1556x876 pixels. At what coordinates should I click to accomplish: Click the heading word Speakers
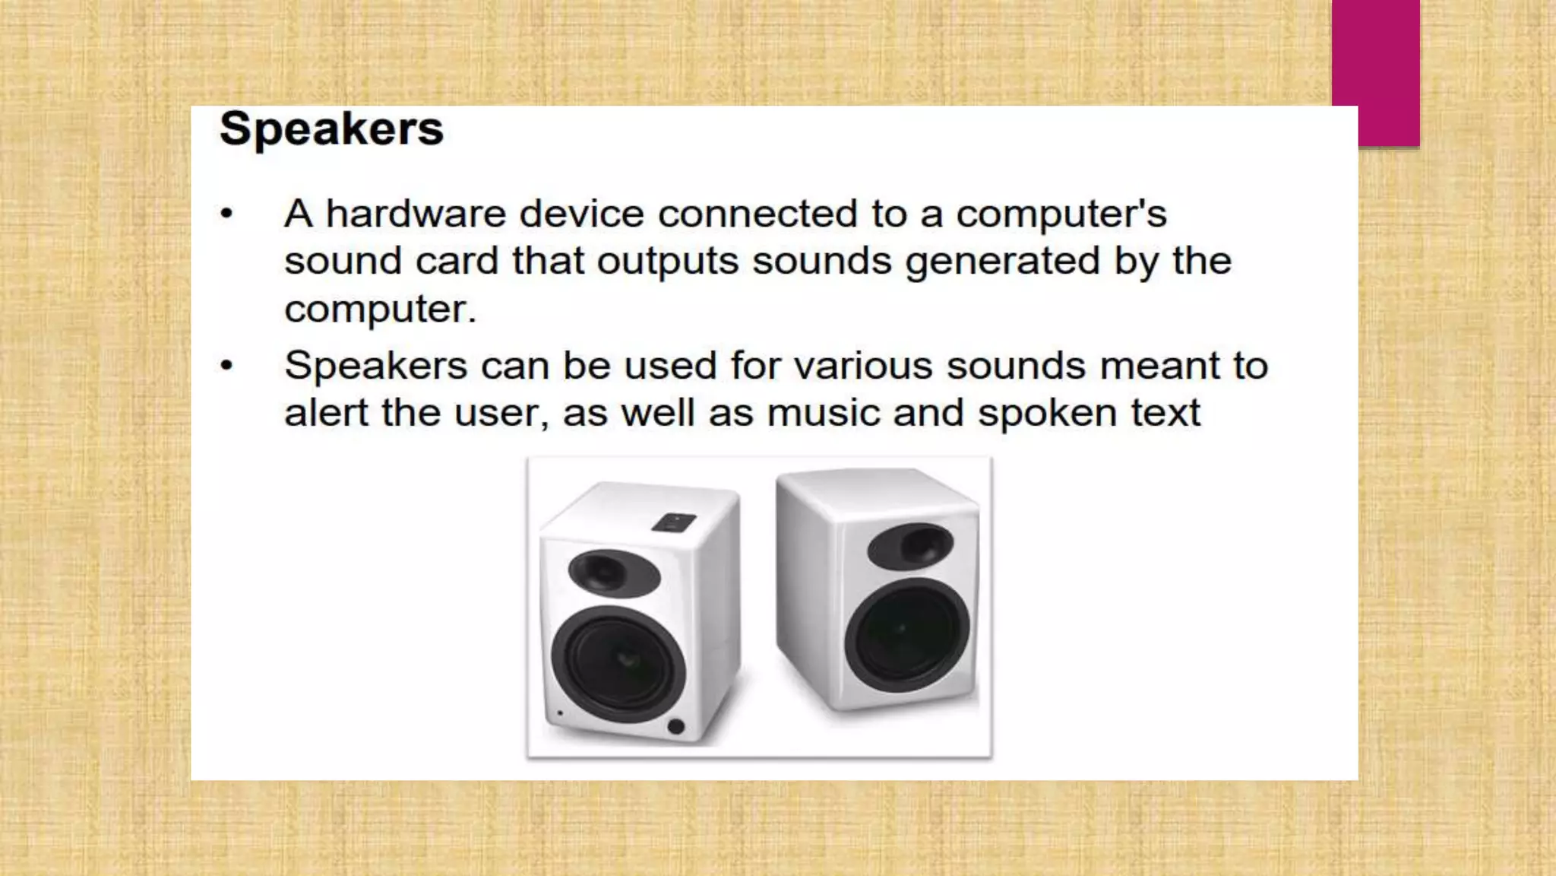click(x=331, y=129)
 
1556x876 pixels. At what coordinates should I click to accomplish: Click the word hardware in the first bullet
click(x=416, y=213)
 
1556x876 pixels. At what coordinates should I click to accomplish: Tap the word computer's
click(x=1061, y=214)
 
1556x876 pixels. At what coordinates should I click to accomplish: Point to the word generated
click(x=1002, y=262)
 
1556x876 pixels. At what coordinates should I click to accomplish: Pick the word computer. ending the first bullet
click(x=380, y=309)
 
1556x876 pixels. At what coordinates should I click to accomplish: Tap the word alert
click(x=327, y=413)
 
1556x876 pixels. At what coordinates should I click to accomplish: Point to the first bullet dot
click(x=226, y=214)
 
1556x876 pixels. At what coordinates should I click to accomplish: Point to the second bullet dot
click(x=226, y=366)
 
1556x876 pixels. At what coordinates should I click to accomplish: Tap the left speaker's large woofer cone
click(x=618, y=663)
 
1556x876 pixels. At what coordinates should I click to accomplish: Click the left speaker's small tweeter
click(x=613, y=573)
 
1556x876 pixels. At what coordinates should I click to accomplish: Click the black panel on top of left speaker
click(x=673, y=522)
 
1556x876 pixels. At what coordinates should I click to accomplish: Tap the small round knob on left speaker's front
click(x=675, y=725)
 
